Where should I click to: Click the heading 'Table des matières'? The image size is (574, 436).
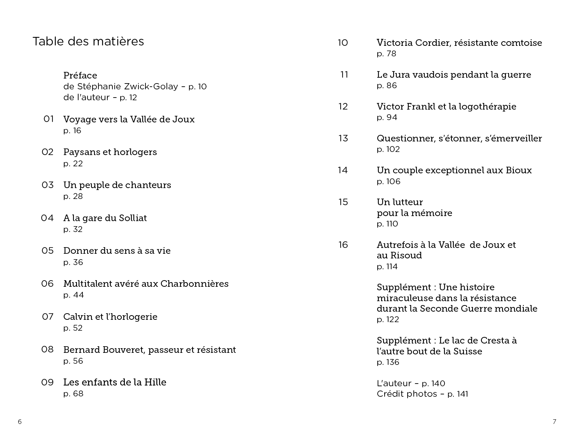click(x=88, y=41)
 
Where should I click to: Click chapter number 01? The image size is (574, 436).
click(x=49, y=119)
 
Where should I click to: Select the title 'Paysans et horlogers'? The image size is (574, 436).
click(x=110, y=152)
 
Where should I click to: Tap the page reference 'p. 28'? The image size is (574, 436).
click(x=73, y=196)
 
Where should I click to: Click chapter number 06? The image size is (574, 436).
click(x=47, y=284)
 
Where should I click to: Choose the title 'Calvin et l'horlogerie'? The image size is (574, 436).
click(x=110, y=317)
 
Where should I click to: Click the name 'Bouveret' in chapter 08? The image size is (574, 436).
click(x=124, y=350)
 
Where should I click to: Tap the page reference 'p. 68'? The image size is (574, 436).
click(x=73, y=394)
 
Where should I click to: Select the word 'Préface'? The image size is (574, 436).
click(x=80, y=75)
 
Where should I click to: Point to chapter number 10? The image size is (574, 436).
click(x=343, y=43)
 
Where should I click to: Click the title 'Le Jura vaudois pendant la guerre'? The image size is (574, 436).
click(x=454, y=75)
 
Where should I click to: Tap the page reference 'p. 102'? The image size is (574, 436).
click(x=388, y=150)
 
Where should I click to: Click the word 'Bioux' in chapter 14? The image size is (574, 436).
click(x=518, y=170)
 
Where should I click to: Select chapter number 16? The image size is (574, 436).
click(x=343, y=245)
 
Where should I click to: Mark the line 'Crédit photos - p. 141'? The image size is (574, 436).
click(x=422, y=394)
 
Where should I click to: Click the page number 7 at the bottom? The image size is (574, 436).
click(x=555, y=422)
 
